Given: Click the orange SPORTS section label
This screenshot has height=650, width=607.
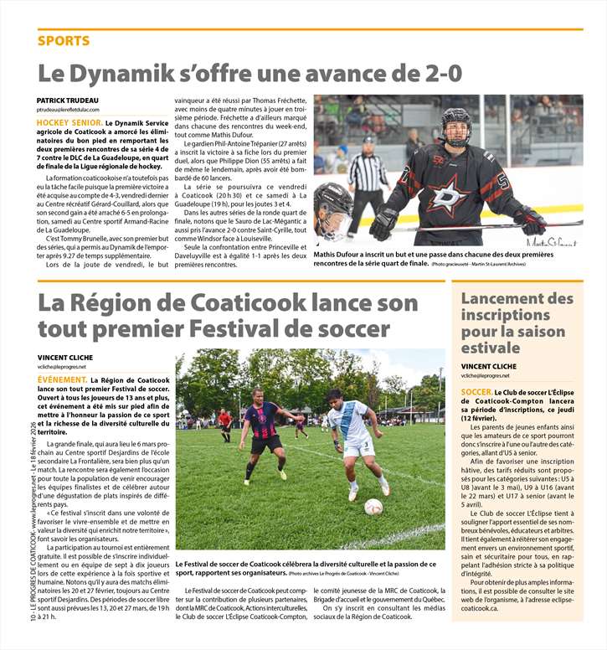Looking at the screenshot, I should click(x=64, y=41).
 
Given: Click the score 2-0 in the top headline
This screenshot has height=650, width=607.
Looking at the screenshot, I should click(x=434, y=73).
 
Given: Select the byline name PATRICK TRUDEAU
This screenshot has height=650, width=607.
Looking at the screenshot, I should click(x=72, y=101).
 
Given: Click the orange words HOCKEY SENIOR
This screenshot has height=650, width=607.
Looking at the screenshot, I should click(x=69, y=123).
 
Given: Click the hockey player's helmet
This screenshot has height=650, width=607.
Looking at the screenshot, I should click(x=455, y=126).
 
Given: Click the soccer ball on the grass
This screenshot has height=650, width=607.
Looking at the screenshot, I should click(x=373, y=506).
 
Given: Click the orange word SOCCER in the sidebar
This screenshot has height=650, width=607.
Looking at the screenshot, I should click(x=476, y=393).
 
